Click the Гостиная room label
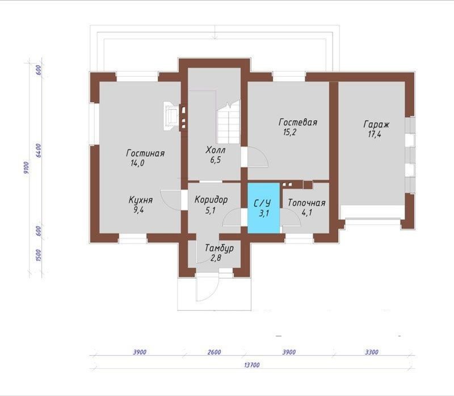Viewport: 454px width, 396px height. point(145,153)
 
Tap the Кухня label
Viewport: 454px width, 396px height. point(140,200)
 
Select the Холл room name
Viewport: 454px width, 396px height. point(216,150)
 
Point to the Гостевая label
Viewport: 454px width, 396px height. point(297,122)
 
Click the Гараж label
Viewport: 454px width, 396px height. point(376,124)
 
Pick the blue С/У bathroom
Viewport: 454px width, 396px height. point(263,208)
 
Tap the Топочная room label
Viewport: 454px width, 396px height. point(306,203)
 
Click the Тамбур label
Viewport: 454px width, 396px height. point(219,248)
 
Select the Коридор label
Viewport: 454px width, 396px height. point(211,200)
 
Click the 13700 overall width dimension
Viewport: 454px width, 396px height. point(251,365)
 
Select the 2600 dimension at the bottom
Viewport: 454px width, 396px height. point(215,352)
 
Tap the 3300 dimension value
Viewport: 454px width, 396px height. point(372,352)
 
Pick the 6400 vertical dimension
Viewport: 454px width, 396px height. point(39,150)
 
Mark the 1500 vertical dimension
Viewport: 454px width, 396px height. point(39,255)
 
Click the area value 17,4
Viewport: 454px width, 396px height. point(375,134)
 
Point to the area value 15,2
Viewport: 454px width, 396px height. point(289,132)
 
